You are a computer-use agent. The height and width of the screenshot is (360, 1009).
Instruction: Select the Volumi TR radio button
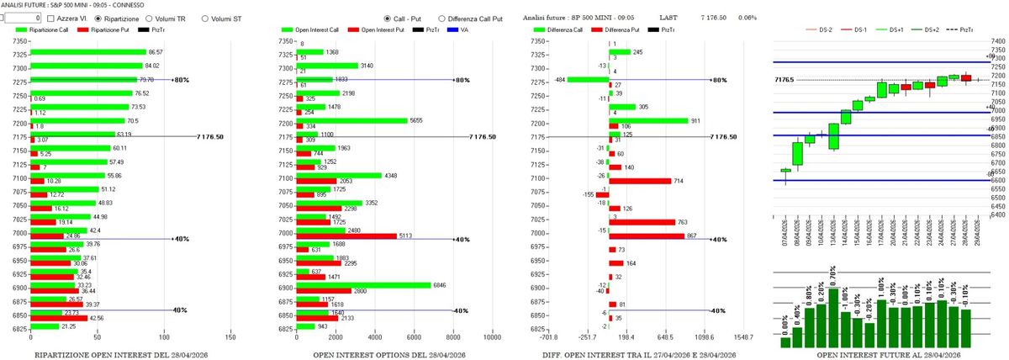coord(151,17)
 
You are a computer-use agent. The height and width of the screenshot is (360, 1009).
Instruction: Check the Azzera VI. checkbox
coord(52,17)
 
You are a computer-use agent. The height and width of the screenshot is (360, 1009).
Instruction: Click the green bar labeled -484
coord(588,79)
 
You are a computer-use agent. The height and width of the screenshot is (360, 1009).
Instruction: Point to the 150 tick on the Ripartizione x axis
coord(231,337)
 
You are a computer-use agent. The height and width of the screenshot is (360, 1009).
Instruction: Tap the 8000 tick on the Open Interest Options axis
coord(452,337)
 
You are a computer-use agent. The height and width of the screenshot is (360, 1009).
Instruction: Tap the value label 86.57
coord(156,52)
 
